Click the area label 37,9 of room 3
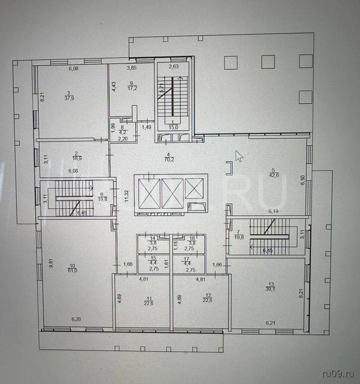pos(69,99)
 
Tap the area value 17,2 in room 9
pos(132,88)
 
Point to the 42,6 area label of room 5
pos(274,175)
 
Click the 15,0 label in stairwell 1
pos(173,127)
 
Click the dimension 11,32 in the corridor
pos(127,196)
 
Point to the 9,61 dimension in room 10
pos(51,263)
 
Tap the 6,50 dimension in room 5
pos(303,180)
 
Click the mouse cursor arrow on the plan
pos(239,156)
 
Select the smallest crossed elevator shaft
pos(194,188)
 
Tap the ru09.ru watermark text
pos(338,374)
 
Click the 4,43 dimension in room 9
pos(114,87)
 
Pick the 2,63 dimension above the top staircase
pos(174,66)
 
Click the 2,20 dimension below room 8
pos(123,139)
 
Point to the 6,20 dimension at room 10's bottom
pos(76,319)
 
